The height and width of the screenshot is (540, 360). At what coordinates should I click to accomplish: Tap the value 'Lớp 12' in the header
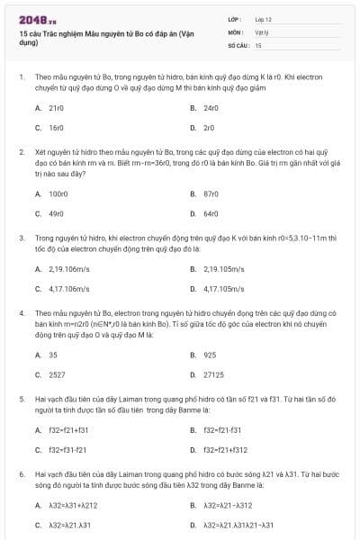tap(263, 18)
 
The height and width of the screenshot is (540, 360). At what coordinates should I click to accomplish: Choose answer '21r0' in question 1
tap(56, 107)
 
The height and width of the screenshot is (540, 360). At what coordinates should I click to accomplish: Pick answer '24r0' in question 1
tap(211, 107)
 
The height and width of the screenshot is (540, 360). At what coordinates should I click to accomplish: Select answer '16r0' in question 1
tap(56, 128)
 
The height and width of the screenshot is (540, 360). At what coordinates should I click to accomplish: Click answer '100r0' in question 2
tap(58, 193)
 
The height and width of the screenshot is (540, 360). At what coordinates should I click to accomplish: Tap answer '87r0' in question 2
tap(211, 193)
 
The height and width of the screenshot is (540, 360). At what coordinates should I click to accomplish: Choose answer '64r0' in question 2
tap(211, 214)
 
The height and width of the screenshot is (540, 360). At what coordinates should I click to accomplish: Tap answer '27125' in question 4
tap(213, 374)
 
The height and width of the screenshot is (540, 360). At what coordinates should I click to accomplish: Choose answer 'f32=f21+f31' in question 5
tap(67, 430)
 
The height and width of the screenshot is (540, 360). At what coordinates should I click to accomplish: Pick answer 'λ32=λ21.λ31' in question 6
tap(69, 525)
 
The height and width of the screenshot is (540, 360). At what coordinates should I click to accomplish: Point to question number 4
tap(21, 311)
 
